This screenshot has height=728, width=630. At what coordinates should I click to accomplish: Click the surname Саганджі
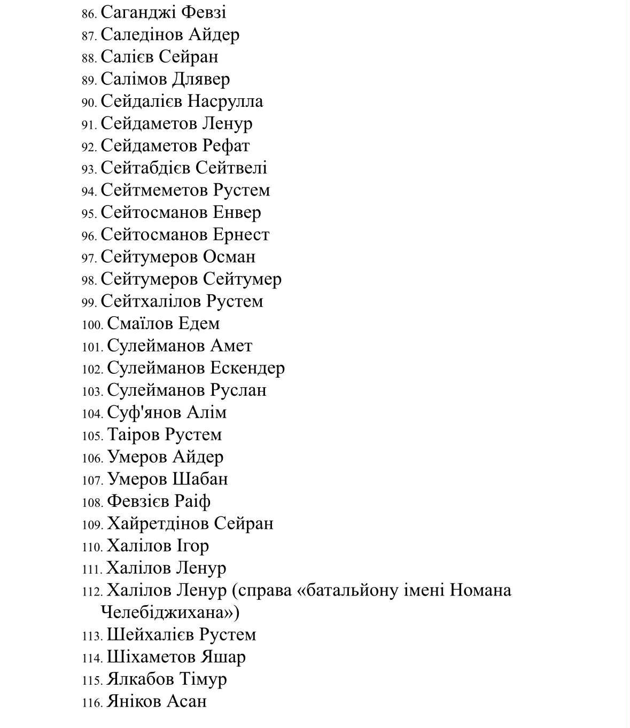tap(137, 12)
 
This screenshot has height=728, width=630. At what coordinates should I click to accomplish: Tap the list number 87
tap(89, 36)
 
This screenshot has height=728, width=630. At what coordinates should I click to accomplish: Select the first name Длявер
tap(200, 79)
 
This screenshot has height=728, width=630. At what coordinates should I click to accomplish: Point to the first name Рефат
tap(226, 146)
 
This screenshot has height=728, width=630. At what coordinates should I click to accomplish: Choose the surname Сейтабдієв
tap(145, 168)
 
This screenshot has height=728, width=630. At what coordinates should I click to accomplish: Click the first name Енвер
tap(237, 213)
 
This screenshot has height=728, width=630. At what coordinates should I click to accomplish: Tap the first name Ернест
tap(241, 235)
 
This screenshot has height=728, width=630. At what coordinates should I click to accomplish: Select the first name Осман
tap(229, 257)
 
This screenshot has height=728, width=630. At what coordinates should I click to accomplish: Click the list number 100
tap(92, 325)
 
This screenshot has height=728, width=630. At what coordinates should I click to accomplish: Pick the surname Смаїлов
tap(140, 324)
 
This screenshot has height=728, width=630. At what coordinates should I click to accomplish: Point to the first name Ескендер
tap(247, 368)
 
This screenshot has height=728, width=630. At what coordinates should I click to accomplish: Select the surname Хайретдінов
tap(158, 523)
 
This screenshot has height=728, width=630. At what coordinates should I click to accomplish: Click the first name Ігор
tap(192, 546)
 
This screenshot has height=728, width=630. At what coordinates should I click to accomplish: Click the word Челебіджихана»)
tap(170, 612)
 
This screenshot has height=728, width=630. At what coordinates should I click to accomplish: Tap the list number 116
tap(92, 703)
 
